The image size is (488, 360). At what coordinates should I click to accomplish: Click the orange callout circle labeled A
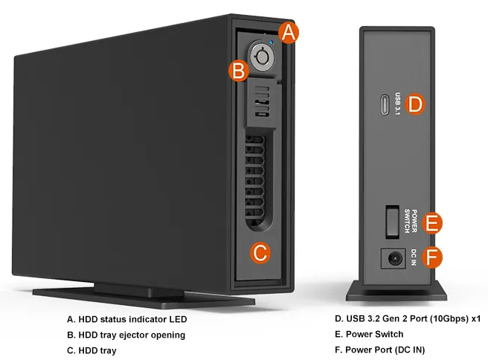(x=289, y=33)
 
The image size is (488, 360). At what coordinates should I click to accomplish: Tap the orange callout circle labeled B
(x=238, y=71)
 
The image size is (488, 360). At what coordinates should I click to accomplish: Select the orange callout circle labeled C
(x=260, y=253)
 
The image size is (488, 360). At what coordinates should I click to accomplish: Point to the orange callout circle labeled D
(x=415, y=105)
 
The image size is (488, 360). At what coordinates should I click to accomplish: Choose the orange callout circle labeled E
(x=432, y=222)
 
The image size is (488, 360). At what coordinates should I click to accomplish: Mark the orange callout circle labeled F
(x=432, y=258)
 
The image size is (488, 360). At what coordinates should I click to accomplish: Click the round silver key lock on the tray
(x=263, y=57)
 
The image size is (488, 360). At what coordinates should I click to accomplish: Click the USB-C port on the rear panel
(x=383, y=104)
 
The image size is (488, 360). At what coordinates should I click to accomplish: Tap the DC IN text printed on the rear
(x=413, y=257)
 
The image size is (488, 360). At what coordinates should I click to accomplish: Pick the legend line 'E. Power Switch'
(x=369, y=335)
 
